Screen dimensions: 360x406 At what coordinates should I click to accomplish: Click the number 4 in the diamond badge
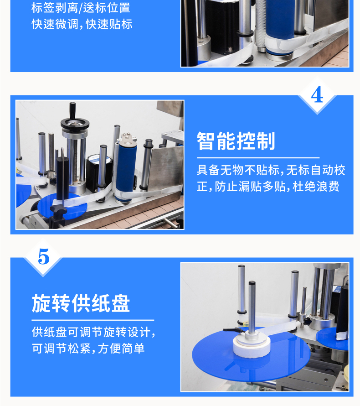coord(317,95)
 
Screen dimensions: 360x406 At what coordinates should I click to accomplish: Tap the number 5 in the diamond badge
coord(43,256)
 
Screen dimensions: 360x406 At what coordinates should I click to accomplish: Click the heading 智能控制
coord(236,141)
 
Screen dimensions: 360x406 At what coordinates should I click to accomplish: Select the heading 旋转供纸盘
coord(81,303)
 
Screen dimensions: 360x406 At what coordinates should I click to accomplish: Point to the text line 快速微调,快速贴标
coord(82,24)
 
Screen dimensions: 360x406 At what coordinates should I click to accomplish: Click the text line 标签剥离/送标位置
coord(81,7)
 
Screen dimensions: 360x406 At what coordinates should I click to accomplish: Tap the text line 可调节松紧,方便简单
coord(88,348)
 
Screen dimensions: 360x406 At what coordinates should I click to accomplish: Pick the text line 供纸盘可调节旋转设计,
coord(93,332)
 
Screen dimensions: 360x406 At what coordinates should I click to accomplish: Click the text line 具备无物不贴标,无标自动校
coord(271,170)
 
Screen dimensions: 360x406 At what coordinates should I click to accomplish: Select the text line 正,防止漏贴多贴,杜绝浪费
coord(268,187)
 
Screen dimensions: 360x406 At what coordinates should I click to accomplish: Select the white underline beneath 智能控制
coord(258,157)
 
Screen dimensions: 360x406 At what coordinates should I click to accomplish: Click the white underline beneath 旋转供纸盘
coord(93,320)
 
